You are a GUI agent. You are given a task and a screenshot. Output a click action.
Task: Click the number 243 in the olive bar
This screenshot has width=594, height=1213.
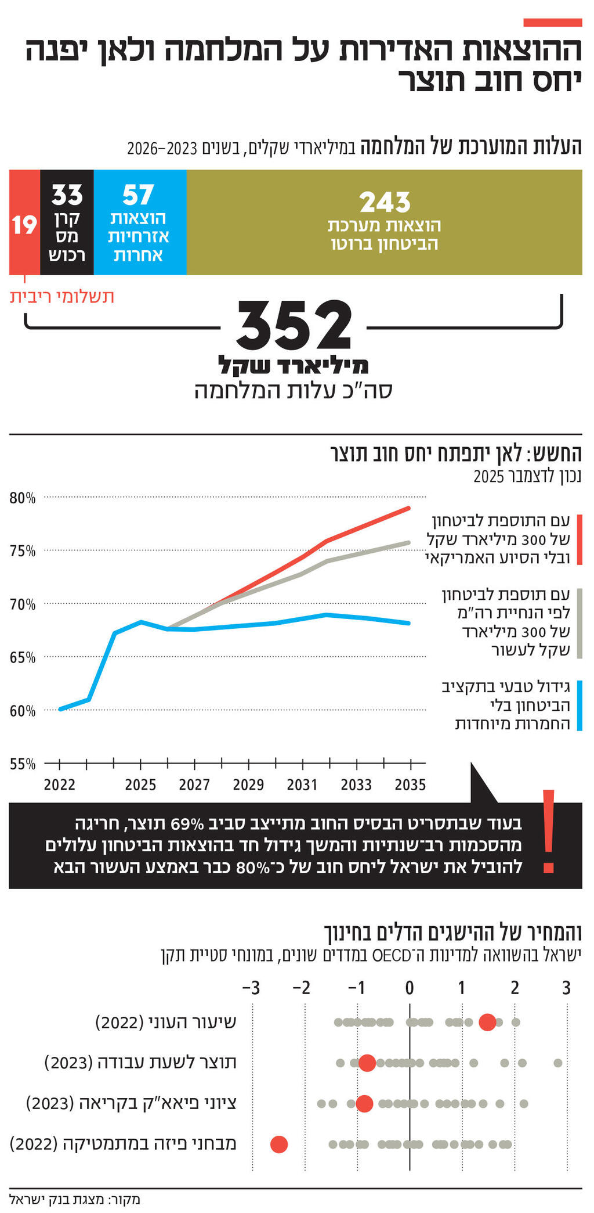click(385, 202)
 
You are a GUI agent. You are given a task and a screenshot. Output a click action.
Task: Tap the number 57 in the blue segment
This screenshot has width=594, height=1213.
click(138, 195)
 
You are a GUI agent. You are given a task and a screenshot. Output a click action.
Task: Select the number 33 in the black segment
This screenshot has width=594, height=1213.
click(67, 195)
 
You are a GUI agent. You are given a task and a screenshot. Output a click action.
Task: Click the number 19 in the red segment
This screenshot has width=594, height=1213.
click(24, 225)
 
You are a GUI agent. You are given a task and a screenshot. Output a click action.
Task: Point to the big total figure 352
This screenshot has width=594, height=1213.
click(294, 325)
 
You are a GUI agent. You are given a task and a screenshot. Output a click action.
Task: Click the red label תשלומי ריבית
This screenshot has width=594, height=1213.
click(62, 297)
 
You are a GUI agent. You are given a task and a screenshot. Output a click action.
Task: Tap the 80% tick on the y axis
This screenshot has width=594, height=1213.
click(23, 498)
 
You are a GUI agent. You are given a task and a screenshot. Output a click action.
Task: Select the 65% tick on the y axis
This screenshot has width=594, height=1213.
click(23, 657)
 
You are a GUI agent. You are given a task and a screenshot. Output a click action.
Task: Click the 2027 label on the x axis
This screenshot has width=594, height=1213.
click(194, 785)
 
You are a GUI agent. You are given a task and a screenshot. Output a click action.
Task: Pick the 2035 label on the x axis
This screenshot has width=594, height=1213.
click(410, 785)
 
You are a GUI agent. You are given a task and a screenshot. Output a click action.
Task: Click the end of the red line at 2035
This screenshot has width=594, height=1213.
click(409, 508)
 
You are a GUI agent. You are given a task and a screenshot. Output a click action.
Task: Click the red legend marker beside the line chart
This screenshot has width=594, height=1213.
click(579, 539)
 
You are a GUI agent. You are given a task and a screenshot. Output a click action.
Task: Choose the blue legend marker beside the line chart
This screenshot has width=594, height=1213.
click(579, 706)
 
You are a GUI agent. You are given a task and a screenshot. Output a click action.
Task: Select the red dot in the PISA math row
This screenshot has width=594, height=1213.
click(279, 1144)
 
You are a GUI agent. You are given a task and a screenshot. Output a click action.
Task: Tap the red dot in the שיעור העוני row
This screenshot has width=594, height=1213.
click(487, 1022)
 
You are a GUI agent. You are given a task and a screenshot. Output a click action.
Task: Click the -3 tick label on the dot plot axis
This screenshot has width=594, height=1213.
click(251, 988)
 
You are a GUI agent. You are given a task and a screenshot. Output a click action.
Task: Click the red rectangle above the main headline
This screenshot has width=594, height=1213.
click(552, 23)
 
